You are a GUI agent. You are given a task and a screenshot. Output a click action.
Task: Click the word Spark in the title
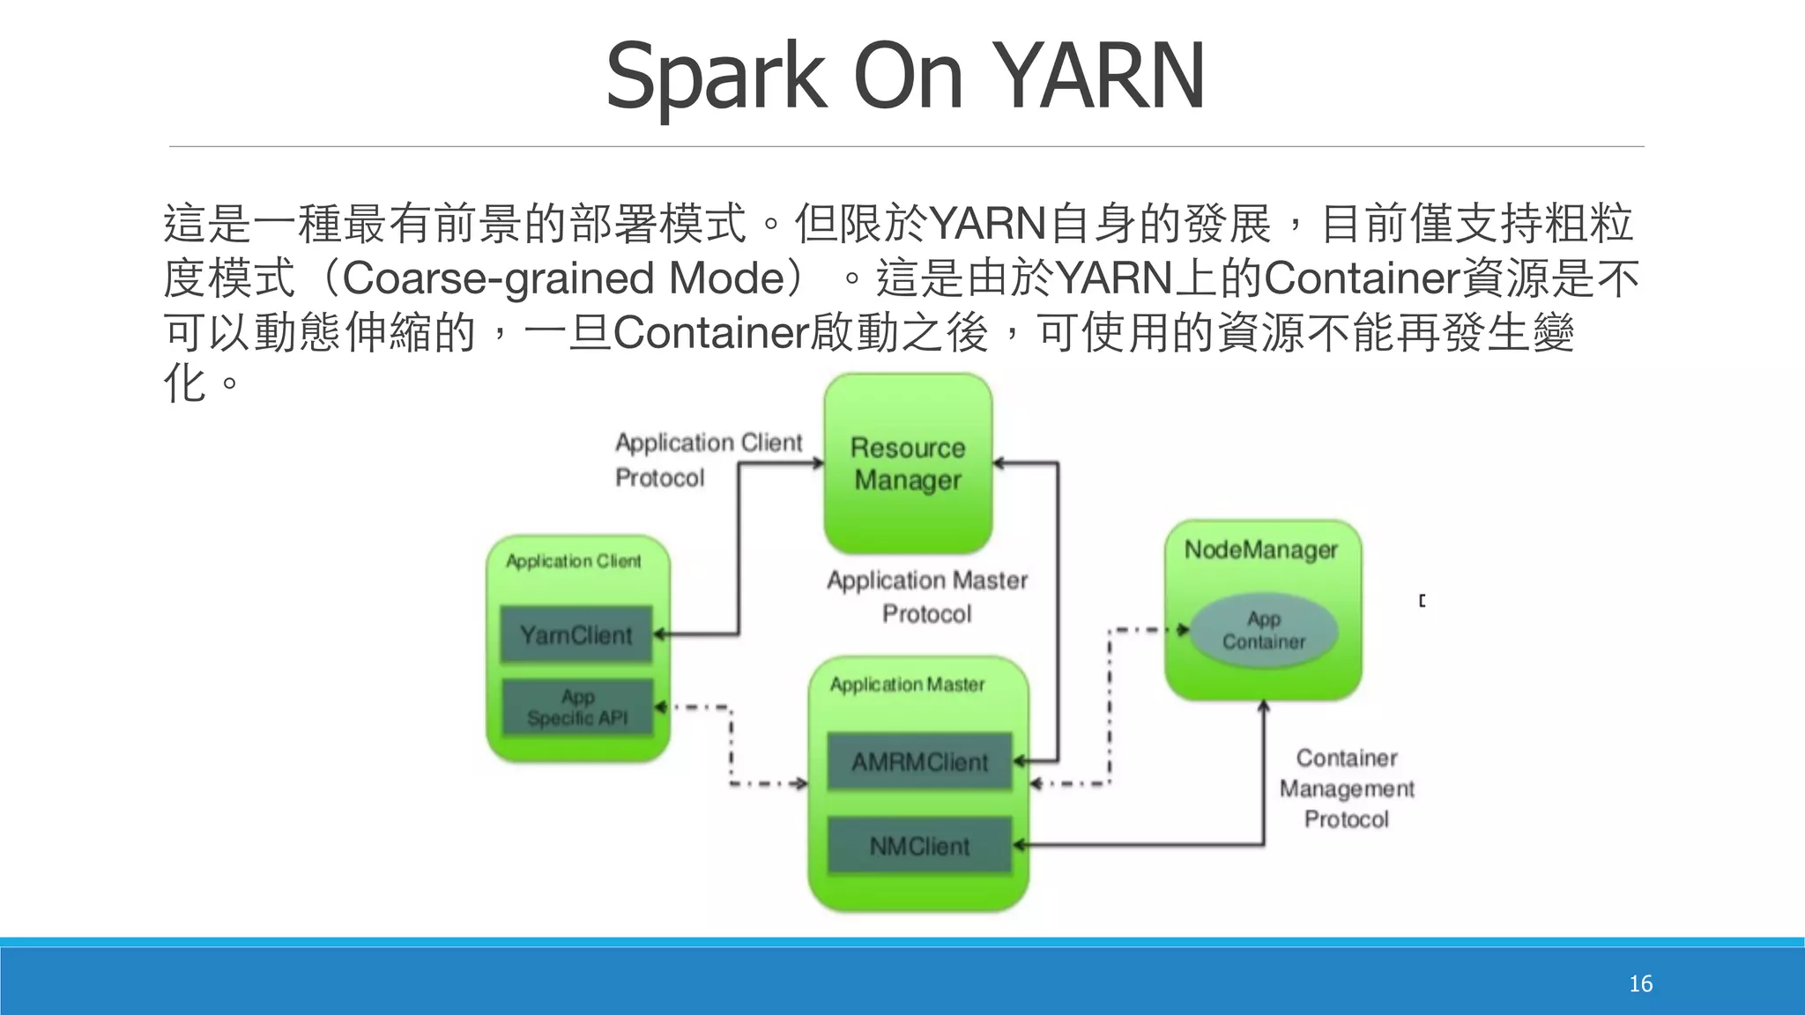tap(716, 78)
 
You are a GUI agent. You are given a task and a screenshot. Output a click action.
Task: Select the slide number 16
tap(1640, 984)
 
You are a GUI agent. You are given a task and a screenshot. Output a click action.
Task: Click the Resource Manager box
tap(908, 464)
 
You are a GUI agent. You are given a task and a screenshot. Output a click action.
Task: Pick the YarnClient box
tap(576, 634)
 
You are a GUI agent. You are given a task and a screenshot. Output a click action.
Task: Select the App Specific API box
tap(577, 708)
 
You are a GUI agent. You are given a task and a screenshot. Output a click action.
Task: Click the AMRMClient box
tap(919, 761)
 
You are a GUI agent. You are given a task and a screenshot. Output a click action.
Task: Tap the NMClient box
tap(919, 846)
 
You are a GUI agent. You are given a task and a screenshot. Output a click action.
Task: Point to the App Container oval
tap(1264, 630)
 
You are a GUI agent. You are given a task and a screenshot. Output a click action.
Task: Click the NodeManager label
tap(1260, 550)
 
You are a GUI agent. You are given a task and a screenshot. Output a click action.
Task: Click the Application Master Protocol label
tap(927, 596)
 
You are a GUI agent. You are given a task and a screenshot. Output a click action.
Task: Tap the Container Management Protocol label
tap(1347, 788)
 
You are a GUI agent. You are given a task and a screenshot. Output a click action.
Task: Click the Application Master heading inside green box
tap(907, 685)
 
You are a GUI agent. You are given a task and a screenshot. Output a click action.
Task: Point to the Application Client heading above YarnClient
tap(573, 561)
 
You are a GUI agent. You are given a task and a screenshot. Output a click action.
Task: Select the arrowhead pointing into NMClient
tap(1019, 846)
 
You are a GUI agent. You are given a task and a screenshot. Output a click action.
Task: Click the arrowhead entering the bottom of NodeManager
tap(1263, 707)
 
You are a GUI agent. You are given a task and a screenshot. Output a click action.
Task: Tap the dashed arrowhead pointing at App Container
tap(1183, 629)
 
